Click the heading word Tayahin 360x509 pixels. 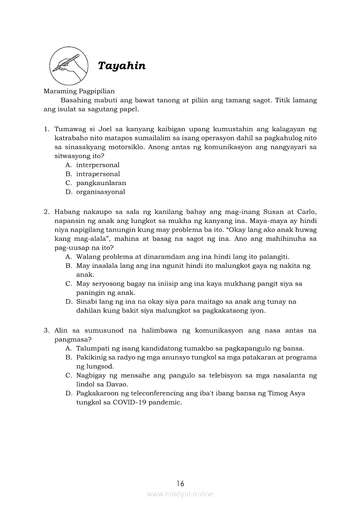pos(122,66)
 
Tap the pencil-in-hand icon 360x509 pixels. pos(66,66)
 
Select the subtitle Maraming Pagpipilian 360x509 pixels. pos(79,91)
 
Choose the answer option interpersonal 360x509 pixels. pos(98,165)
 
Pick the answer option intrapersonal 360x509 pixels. pos(98,174)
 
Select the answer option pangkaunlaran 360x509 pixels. pos(101,183)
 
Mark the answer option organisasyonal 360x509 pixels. pos(101,192)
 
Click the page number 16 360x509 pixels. pos(180,483)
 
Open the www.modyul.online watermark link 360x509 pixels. pos(180,494)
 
